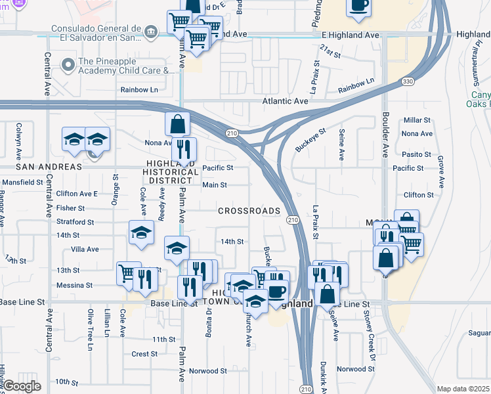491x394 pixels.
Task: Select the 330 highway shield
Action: (x=407, y=81)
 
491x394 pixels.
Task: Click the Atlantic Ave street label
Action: (x=285, y=102)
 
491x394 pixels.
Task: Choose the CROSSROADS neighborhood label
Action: (x=249, y=211)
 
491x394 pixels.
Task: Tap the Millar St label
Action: (x=417, y=120)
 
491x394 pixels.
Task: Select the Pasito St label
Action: (x=419, y=155)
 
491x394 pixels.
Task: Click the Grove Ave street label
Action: (x=440, y=169)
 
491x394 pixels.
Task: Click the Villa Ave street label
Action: (x=84, y=250)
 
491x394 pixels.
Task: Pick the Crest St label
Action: (x=144, y=354)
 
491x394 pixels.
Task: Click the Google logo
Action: (x=22, y=386)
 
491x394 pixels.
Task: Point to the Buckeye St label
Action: (x=310, y=140)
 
